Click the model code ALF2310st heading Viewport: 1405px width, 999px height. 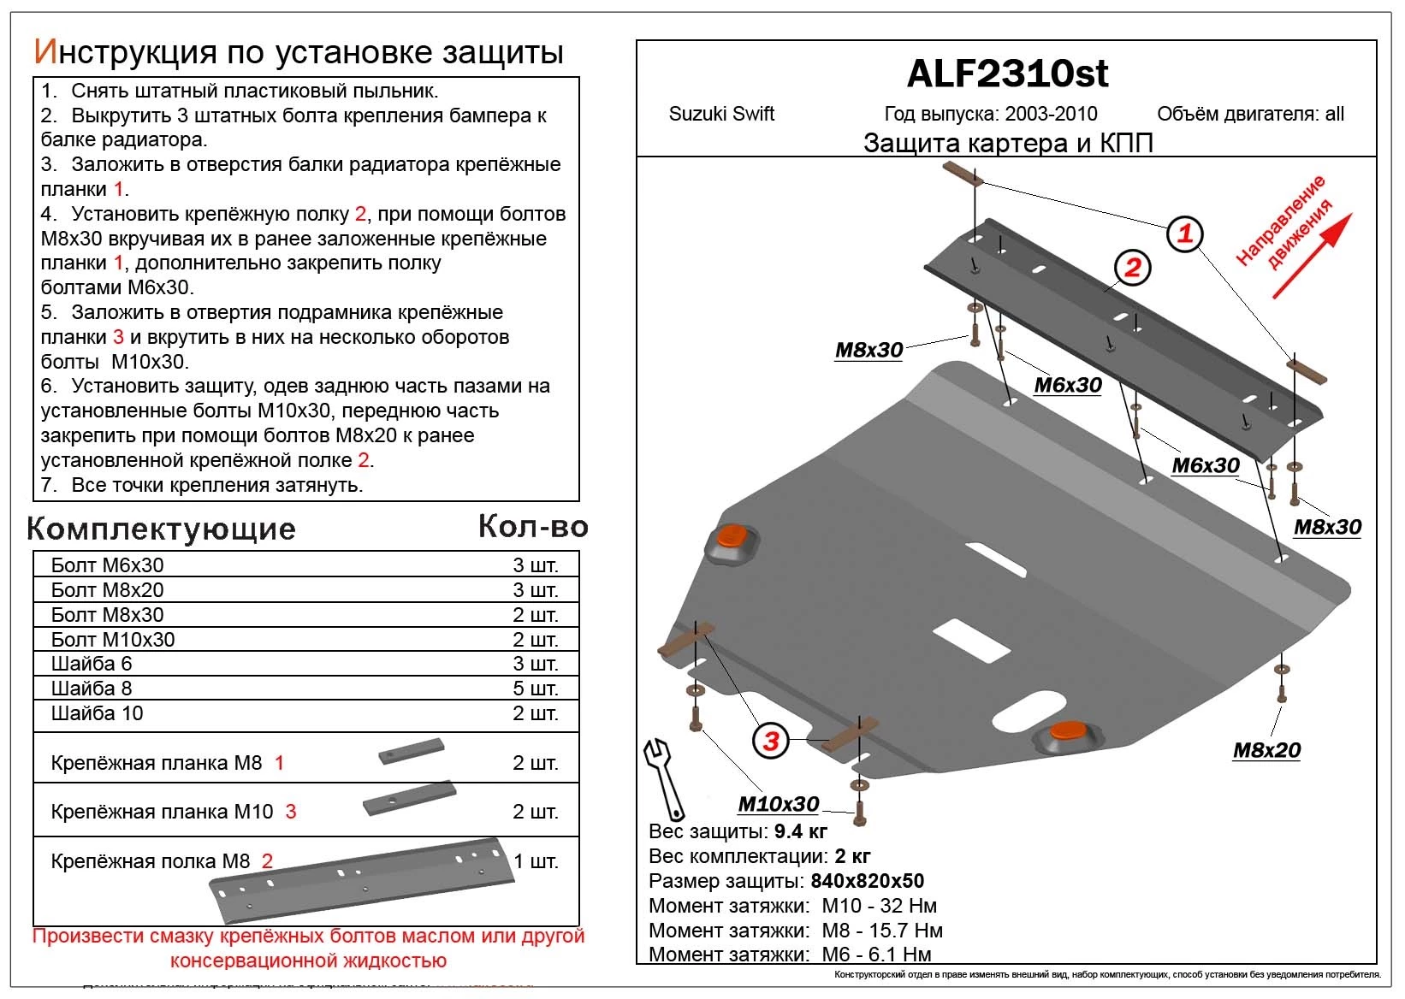(1007, 74)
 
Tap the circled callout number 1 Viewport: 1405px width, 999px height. (1185, 233)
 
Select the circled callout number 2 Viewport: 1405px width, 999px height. (1132, 268)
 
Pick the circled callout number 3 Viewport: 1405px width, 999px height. (771, 741)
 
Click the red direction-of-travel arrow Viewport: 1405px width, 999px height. (1312, 256)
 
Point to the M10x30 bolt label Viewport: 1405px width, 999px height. (778, 804)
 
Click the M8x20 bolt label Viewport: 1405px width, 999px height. (1266, 750)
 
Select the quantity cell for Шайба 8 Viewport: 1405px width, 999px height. (535, 689)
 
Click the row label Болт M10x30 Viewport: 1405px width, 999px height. (113, 640)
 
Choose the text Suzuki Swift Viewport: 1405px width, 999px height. (721, 114)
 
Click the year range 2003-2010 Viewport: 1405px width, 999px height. (1051, 114)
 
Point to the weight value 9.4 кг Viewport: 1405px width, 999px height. (800, 831)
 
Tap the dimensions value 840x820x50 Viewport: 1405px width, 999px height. (867, 881)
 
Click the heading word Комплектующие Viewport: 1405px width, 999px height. (161, 529)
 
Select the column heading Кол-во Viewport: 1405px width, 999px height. (532, 527)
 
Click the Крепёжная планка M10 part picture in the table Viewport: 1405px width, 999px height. (409, 801)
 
